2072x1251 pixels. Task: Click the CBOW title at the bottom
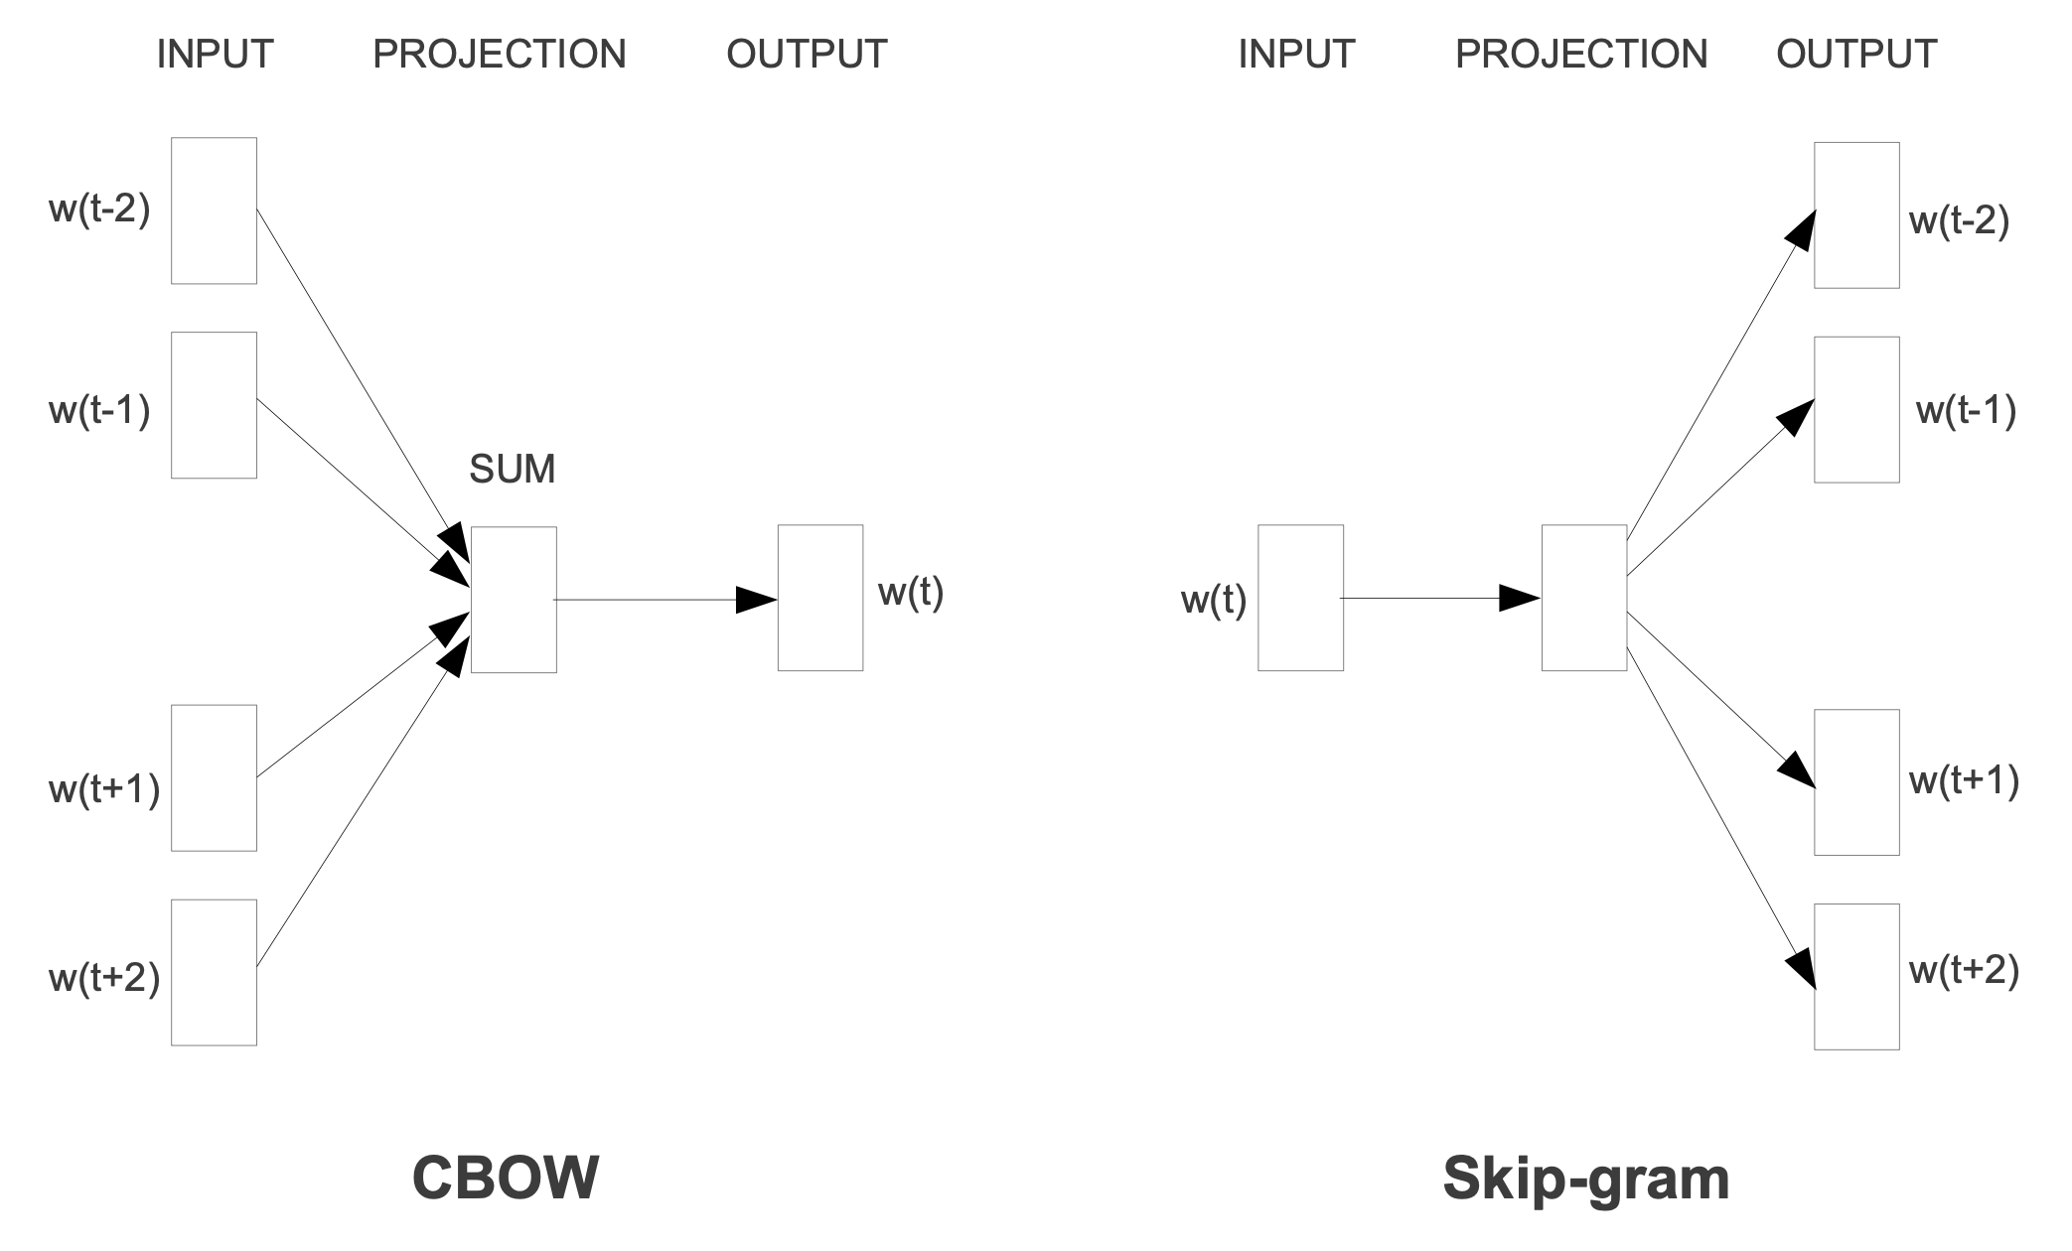506,1178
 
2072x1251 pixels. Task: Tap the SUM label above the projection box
513,469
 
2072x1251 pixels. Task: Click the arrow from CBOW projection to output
666,600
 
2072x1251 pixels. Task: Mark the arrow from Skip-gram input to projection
1440,599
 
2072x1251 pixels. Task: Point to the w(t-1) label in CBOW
99,410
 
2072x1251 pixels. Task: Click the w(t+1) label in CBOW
104,789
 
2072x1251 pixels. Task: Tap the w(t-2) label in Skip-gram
1959,220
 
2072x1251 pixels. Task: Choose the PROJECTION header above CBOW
500,54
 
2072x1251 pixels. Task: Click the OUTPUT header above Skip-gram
1856,54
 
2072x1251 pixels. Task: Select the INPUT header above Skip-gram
1296,54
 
